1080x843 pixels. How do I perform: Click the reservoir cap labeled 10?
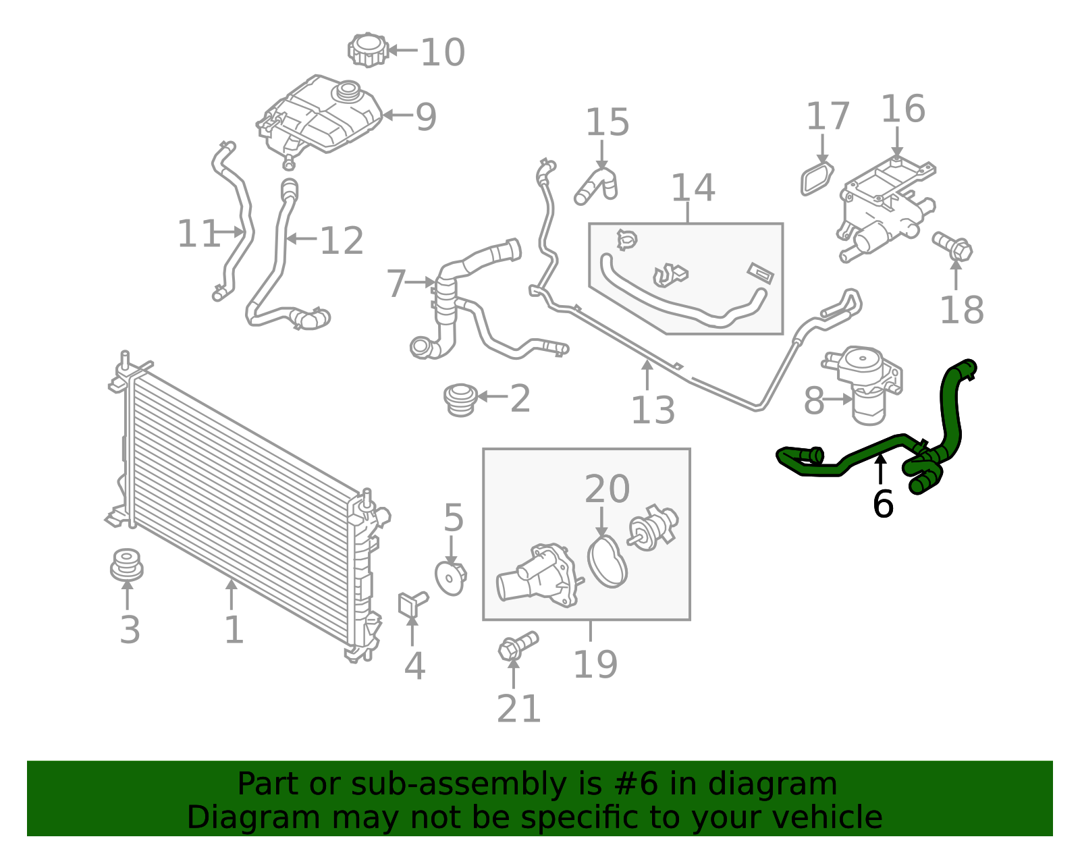pos(368,50)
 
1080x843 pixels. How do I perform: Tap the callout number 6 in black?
pos(882,504)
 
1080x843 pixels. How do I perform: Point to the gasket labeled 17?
pos(817,178)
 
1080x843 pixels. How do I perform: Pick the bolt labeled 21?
pos(517,645)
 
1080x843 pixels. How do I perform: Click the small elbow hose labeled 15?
pos(595,185)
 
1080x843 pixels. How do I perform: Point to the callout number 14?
pos(693,188)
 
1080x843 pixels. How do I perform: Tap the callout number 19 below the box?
pos(595,665)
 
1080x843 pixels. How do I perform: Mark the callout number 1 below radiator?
pos(234,630)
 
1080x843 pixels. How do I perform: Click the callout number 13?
pos(652,410)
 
